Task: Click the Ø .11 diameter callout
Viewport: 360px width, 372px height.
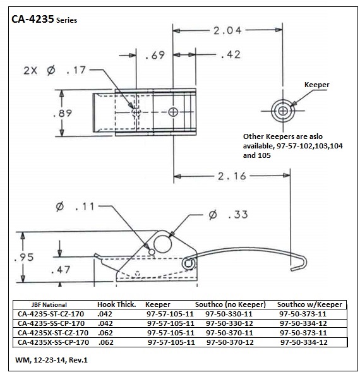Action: [x=75, y=207]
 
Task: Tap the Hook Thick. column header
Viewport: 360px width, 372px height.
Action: [x=117, y=304]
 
